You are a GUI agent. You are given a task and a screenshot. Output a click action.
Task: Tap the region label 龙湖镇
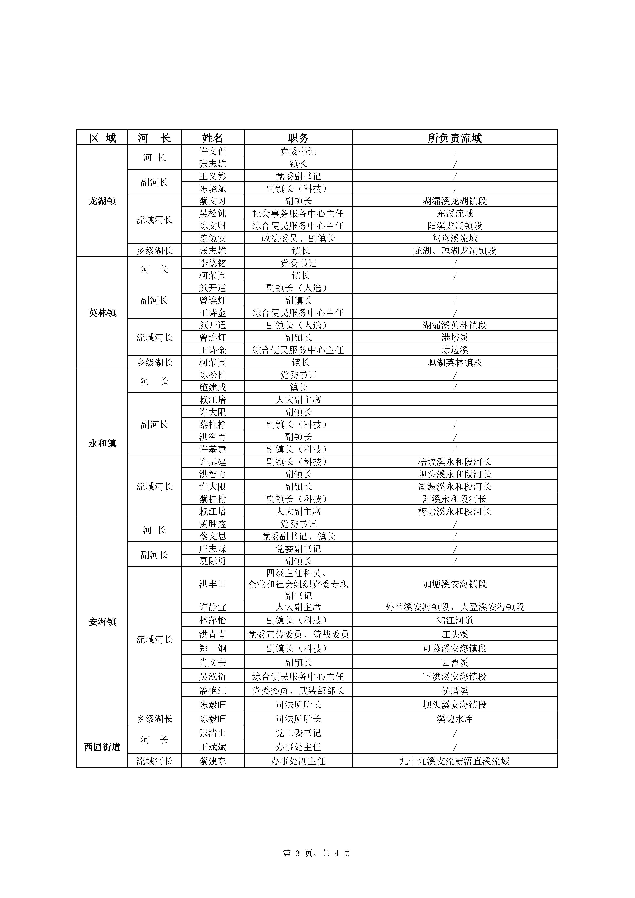click(x=102, y=201)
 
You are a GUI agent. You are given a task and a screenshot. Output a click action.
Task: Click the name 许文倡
click(x=213, y=151)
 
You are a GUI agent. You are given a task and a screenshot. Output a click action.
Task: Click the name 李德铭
click(x=213, y=263)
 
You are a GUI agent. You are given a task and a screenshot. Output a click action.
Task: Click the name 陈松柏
click(x=213, y=375)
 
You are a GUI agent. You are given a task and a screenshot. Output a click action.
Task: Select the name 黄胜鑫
click(x=213, y=524)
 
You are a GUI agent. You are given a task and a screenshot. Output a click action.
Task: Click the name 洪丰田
click(x=213, y=584)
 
